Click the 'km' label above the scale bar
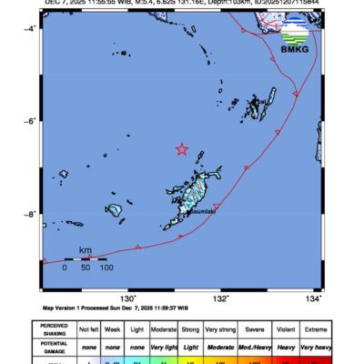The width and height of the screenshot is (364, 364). coord(85,250)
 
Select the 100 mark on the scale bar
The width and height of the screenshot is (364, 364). coord(106,268)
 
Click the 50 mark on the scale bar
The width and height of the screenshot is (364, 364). coord(86,268)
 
